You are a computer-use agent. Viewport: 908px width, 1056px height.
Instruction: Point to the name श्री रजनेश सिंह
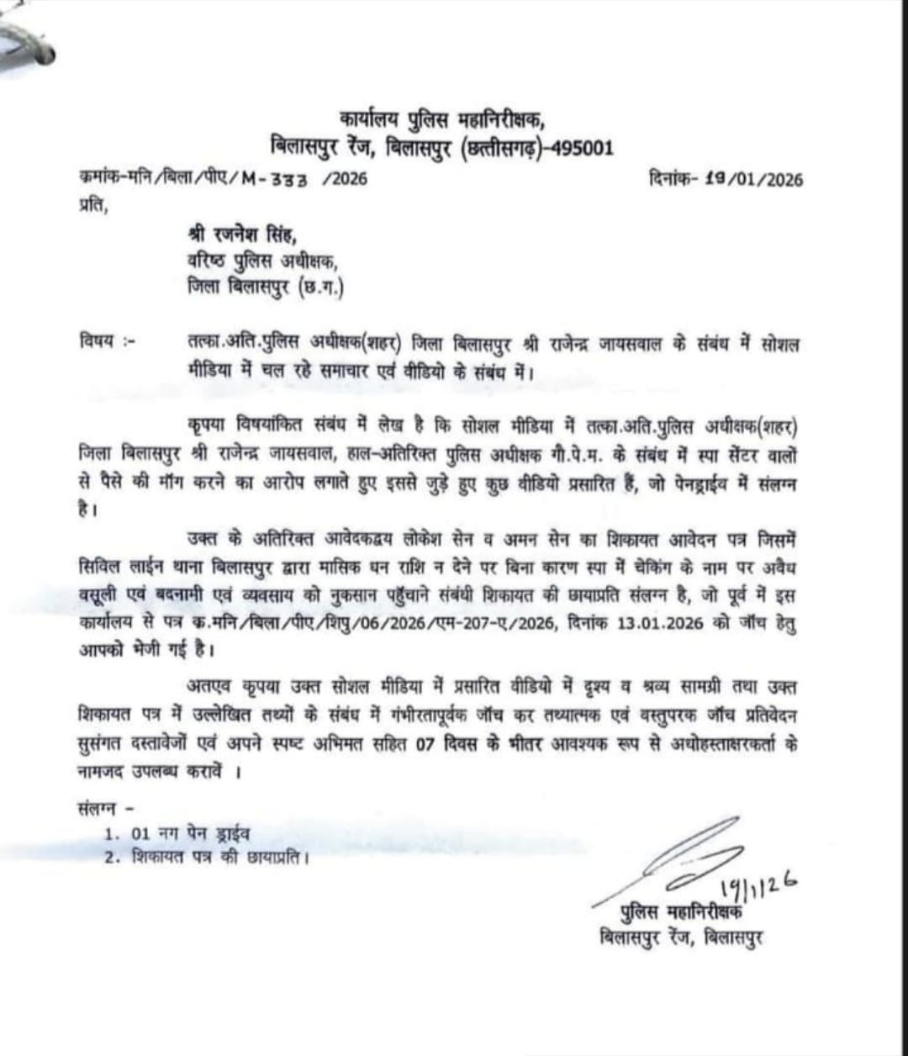(243, 234)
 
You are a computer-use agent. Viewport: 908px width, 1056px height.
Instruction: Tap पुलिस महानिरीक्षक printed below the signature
(682, 912)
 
